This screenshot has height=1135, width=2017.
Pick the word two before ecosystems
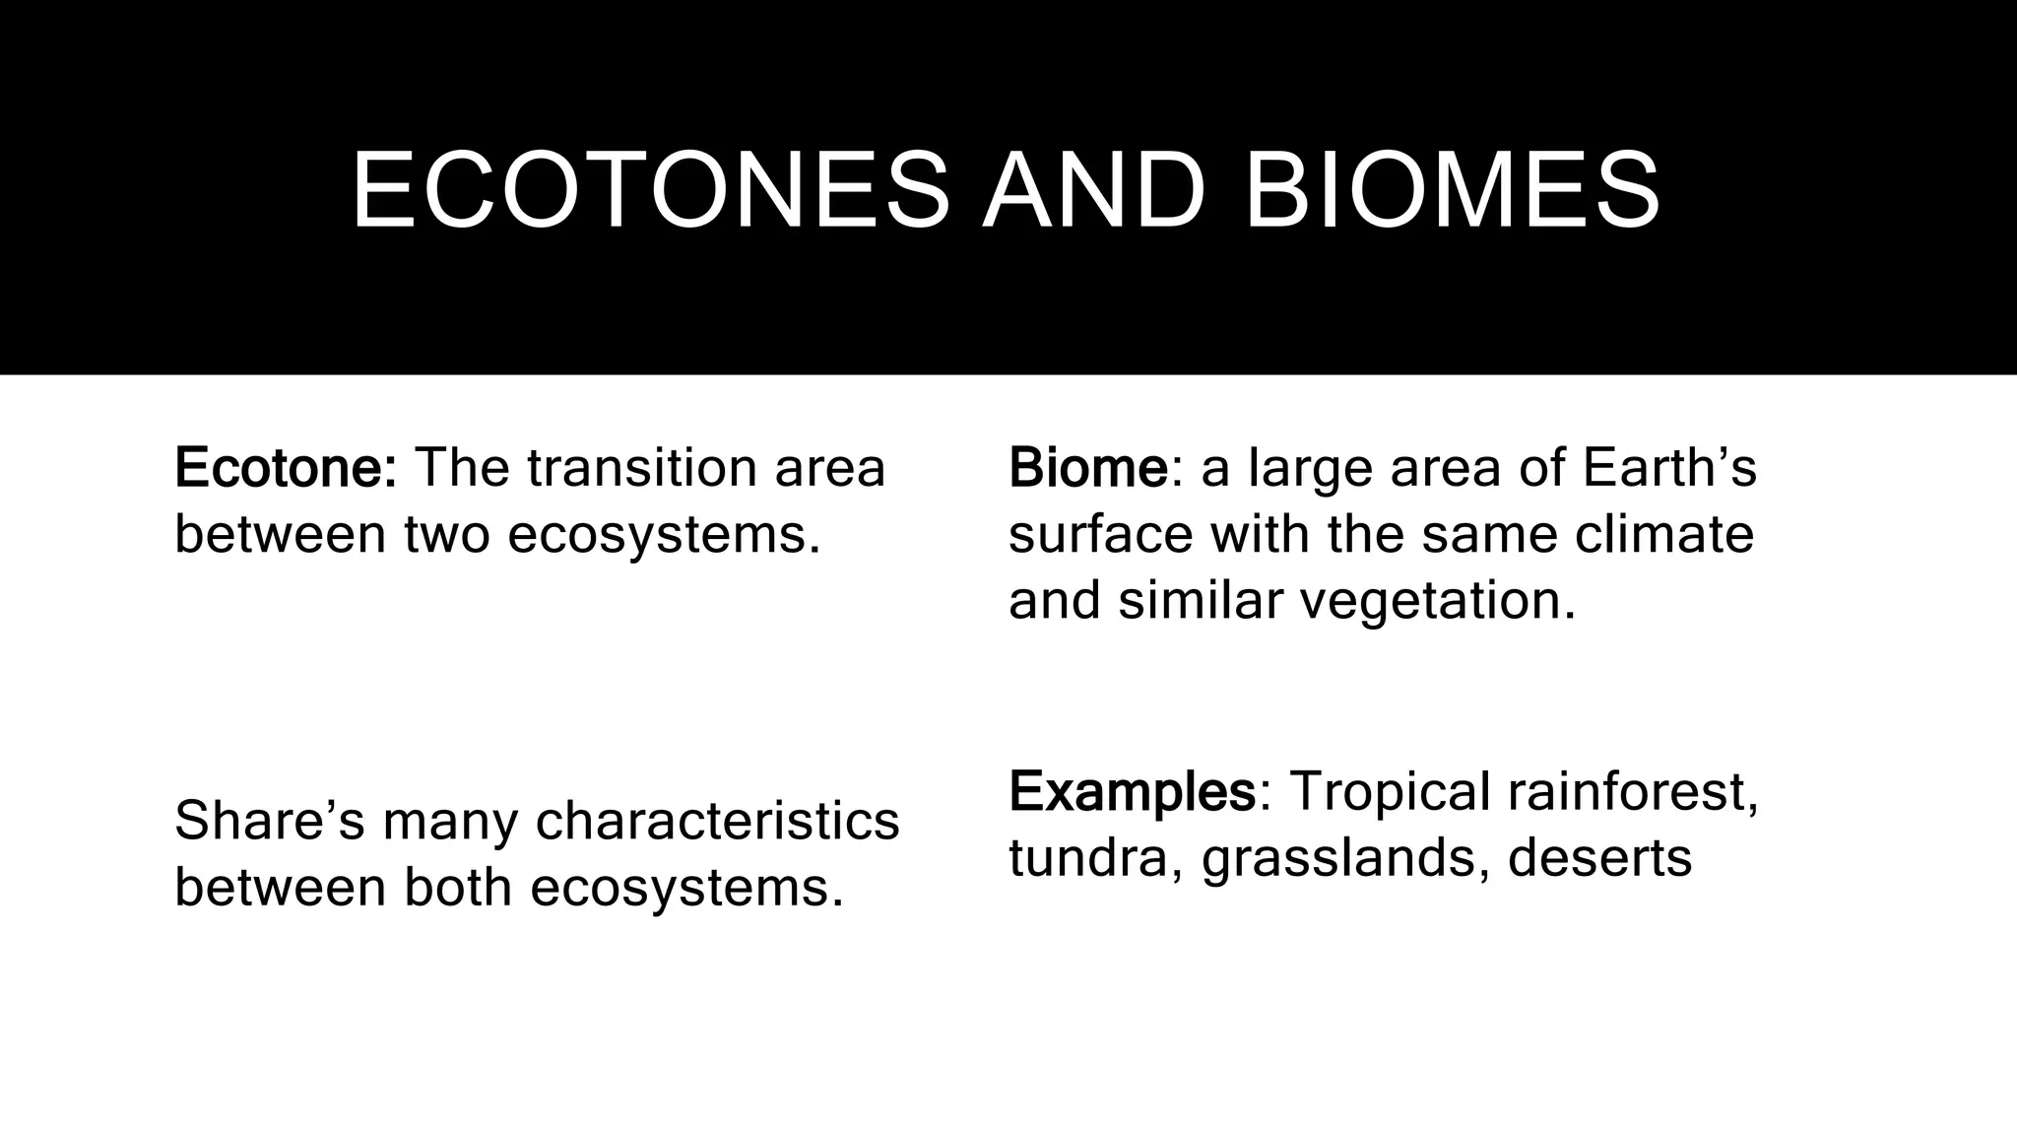click(x=447, y=534)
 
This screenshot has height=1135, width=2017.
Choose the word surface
click(x=1101, y=534)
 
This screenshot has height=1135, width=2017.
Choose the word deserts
click(x=1599, y=857)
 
